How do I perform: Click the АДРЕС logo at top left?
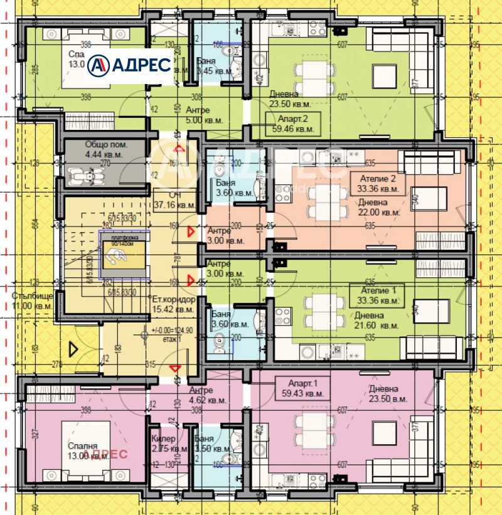coord(130,64)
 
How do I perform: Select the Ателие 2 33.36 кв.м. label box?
coord(378,183)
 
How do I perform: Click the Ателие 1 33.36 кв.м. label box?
coord(378,295)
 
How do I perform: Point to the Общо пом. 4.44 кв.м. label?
coord(106,149)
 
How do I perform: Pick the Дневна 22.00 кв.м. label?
coord(378,208)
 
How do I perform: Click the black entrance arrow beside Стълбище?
coord(73,348)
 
